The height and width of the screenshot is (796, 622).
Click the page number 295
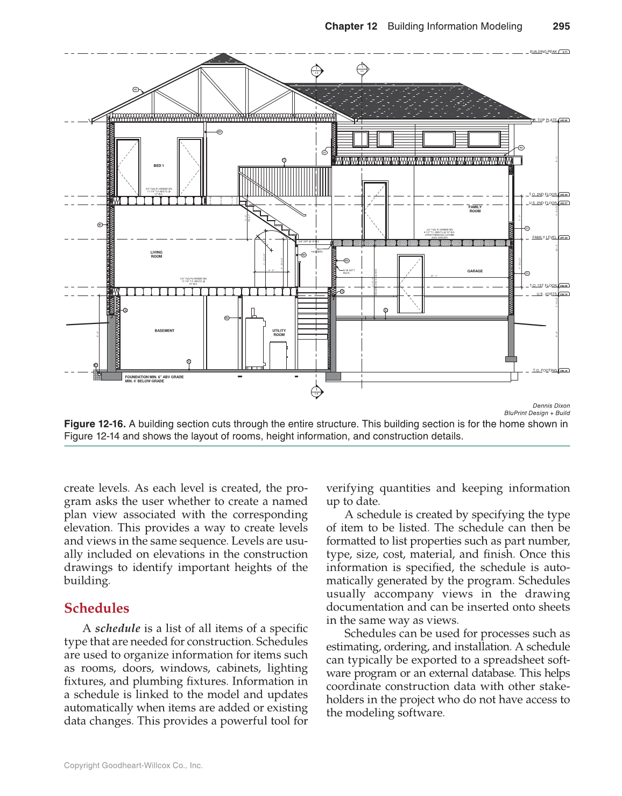click(x=561, y=26)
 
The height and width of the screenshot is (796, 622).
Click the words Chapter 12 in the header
click(x=351, y=26)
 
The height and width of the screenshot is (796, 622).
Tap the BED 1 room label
click(x=158, y=166)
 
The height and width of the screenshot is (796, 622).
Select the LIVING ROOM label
click(x=157, y=254)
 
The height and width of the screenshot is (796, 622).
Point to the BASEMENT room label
click(x=164, y=330)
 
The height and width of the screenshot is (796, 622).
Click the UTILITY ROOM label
click(x=279, y=333)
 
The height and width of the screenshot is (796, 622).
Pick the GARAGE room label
click(x=475, y=271)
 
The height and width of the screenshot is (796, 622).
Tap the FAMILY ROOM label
click(x=475, y=209)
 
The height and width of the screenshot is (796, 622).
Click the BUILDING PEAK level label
click(x=543, y=52)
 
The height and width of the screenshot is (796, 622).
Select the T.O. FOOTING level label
click(x=545, y=370)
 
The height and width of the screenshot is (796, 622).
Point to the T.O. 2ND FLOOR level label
click(x=543, y=194)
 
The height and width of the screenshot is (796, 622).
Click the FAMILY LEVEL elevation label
click(x=544, y=237)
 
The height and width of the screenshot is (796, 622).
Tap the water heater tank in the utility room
click(x=255, y=342)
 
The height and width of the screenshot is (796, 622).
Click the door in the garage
click(x=411, y=284)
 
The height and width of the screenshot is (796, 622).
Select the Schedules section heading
click(x=96, y=608)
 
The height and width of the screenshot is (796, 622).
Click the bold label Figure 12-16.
click(x=95, y=424)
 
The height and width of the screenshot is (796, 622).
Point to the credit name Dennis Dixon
click(x=551, y=406)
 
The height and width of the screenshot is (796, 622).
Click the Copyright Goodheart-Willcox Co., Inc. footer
click(x=133, y=765)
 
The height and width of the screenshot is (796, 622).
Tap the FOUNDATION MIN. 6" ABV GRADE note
click(x=154, y=377)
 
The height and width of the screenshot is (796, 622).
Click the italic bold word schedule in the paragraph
click(x=117, y=629)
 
